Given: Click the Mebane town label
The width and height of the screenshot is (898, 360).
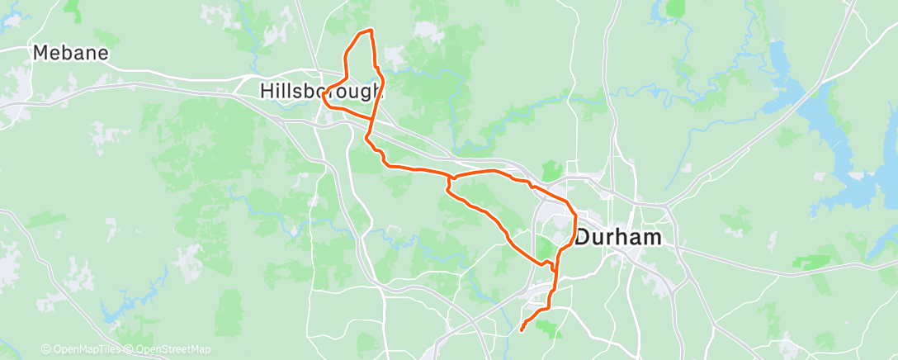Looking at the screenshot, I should (70, 53).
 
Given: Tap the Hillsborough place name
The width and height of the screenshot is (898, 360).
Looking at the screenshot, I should (321, 91).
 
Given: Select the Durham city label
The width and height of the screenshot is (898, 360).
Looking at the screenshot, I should (618, 238).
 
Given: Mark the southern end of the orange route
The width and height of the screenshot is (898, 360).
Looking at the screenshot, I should (522, 330).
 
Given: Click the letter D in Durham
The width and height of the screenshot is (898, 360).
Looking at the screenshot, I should (583, 238).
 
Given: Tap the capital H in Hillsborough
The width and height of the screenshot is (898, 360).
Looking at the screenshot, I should (266, 91).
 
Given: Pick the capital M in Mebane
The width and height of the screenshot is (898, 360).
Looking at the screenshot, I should (40, 53).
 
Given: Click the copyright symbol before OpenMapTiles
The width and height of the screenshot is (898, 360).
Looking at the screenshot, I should (45, 350).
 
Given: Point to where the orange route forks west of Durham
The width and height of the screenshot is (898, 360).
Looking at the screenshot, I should (449, 177).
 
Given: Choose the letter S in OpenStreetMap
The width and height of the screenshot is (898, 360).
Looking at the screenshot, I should (164, 350).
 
